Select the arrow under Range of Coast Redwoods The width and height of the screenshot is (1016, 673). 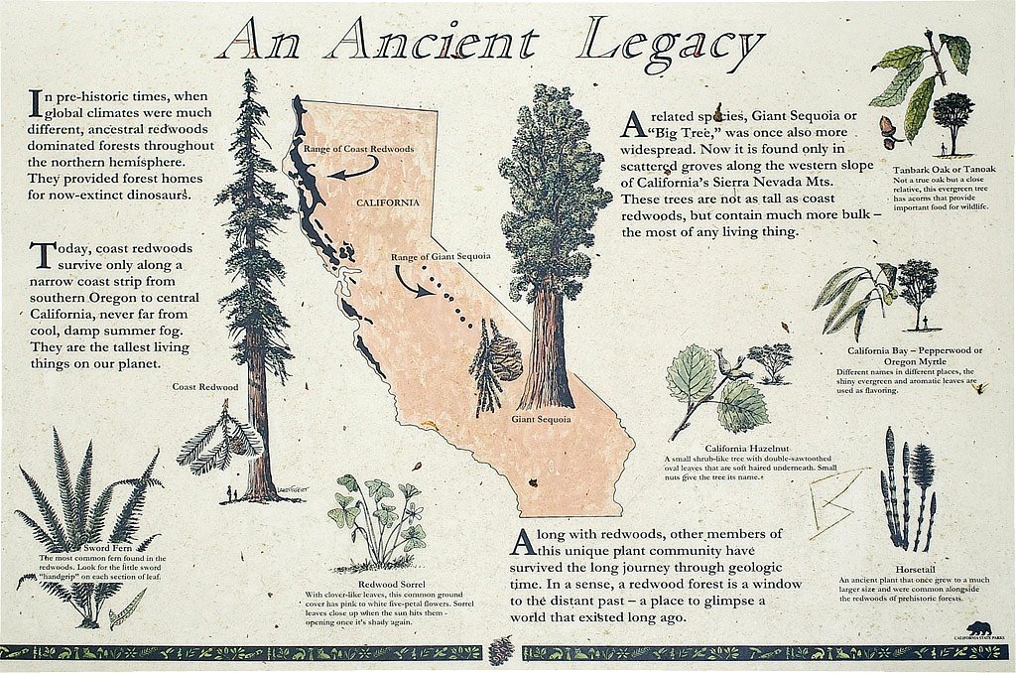(353, 173)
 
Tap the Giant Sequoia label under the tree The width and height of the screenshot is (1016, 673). (541, 419)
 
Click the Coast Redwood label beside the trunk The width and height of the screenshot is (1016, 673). (205, 386)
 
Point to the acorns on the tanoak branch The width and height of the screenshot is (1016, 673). (889, 129)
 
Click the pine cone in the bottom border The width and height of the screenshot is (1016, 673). (504, 651)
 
